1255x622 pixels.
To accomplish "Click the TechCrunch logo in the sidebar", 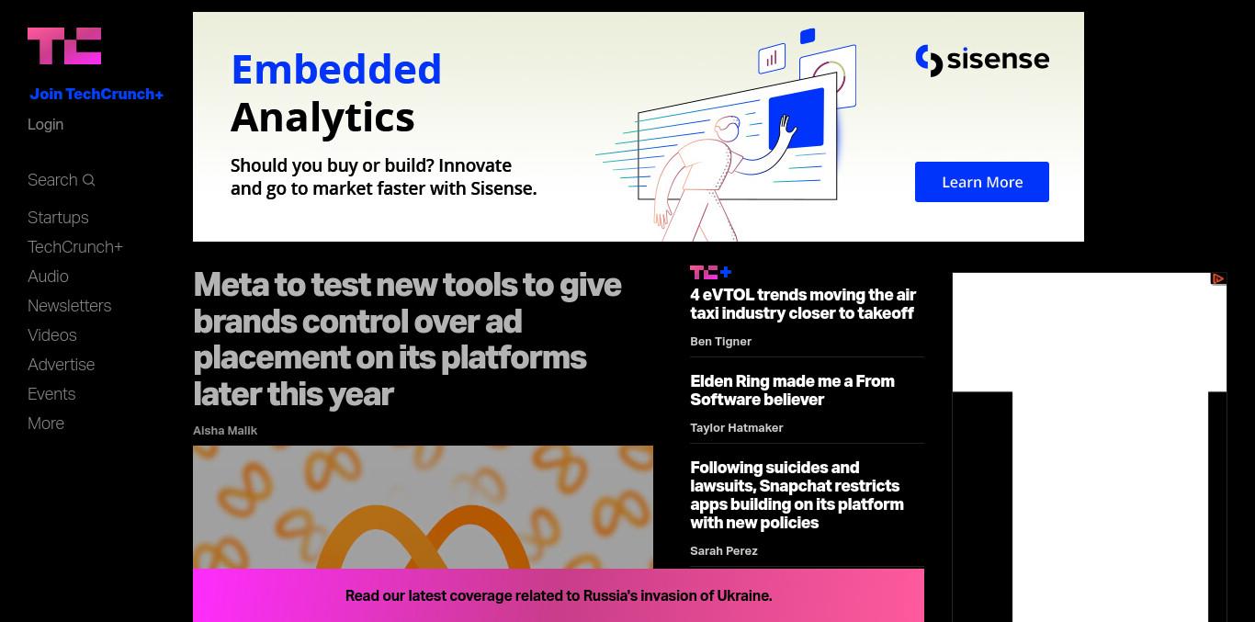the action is click(x=64, y=46).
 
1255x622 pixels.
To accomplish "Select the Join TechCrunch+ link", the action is click(x=96, y=94).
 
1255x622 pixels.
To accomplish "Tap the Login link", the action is click(x=45, y=124).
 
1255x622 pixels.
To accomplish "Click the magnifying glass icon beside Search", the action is click(x=88, y=180).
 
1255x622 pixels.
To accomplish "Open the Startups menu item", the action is click(x=58, y=218).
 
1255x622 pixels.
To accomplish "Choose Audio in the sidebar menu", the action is click(x=48, y=277).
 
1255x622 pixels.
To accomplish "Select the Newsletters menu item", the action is click(x=70, y=305).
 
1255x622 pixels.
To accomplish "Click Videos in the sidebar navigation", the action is click(x=52, y=335).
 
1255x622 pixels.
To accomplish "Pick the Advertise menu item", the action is click(x=61, y=364).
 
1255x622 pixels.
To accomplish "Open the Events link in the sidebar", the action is click(x=51, y=394).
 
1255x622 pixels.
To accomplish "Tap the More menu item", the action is click(x=46, y=423).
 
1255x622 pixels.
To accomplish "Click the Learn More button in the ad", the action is click(x=982, y=182).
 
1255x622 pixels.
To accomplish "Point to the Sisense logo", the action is click(x=982, y=60).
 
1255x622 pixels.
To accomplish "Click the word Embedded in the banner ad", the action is click(x=337, y=70).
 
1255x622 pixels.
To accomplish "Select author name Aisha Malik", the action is click(x=225, y=430).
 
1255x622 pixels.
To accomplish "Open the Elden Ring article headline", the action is click(x=792, y=390).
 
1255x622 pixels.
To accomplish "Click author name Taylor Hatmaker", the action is click(x=737, y=427).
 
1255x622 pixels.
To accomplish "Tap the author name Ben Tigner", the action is click(x=720, y=341).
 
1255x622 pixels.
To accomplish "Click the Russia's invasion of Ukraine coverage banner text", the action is click(x=559, y=595).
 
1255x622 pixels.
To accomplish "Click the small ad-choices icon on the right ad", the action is click(x=1218, y=278).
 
